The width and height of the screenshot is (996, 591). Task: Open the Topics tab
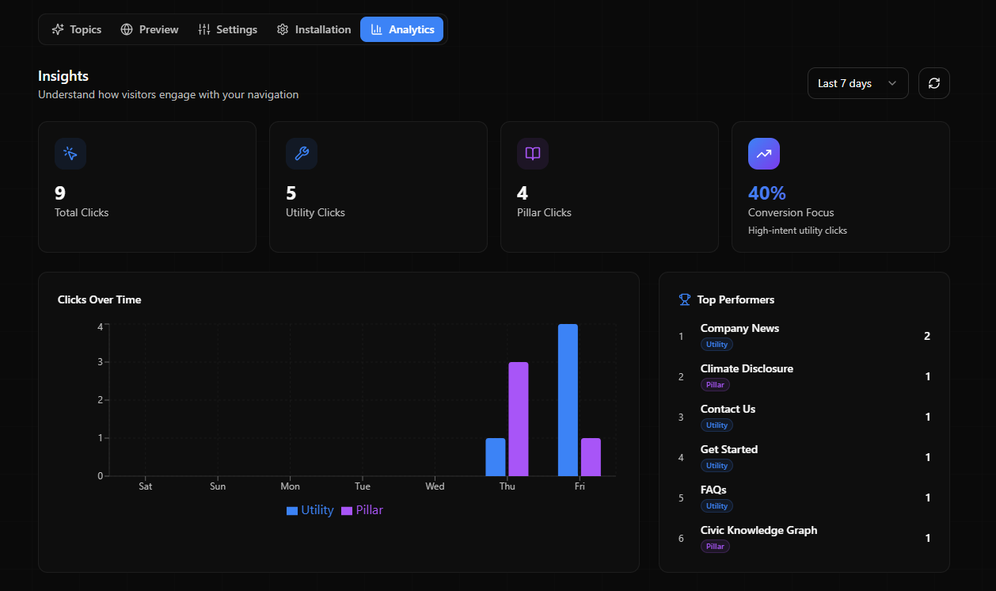[77, 29]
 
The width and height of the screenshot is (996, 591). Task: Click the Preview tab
[150, 29]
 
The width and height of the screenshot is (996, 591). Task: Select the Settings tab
[228, 29]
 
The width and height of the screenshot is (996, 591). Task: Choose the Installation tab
[314, 29]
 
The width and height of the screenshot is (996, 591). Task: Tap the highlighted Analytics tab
[402, 29]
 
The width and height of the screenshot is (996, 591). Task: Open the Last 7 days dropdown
[857, 83]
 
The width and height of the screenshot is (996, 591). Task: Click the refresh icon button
[934, 83]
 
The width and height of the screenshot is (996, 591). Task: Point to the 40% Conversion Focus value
[766, 193]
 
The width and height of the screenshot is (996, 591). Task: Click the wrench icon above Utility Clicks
[302, 154]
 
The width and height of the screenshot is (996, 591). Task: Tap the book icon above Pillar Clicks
[533, 154]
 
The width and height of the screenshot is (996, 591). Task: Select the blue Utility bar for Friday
[568, 400]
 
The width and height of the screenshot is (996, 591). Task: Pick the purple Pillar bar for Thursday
[518, 419]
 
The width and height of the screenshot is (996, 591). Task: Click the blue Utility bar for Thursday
[496, 457]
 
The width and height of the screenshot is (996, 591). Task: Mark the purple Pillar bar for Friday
[591, 457]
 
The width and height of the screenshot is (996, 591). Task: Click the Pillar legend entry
[363, 510]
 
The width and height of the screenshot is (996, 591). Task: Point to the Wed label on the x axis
[435, 486]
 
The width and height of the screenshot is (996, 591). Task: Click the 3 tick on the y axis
[101, 362]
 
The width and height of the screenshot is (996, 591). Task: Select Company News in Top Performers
[739, 328]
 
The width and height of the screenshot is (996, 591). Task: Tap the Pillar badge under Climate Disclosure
[715, 385]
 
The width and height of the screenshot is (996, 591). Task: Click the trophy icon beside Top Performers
[685, 299]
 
